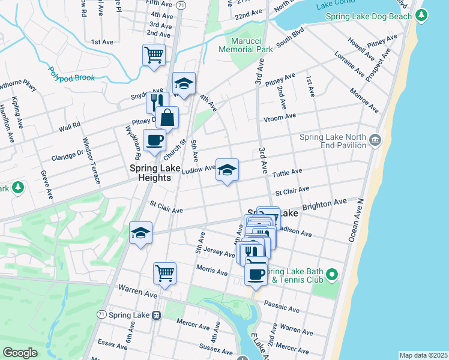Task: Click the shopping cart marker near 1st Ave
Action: [x=154, y=56]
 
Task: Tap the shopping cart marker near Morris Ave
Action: [x=164, y=274]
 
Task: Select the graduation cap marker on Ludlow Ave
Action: [x=226, y=170]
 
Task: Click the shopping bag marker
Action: [x=167, y=118]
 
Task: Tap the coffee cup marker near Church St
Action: [x=154, y=141]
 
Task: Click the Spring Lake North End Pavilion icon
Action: [x=375, y=140]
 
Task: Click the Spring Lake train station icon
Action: [x=156, y=314]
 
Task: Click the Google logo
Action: [x=20, y=353]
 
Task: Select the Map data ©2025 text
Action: [x=423, y=355]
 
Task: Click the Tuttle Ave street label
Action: [x=287, y=173]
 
